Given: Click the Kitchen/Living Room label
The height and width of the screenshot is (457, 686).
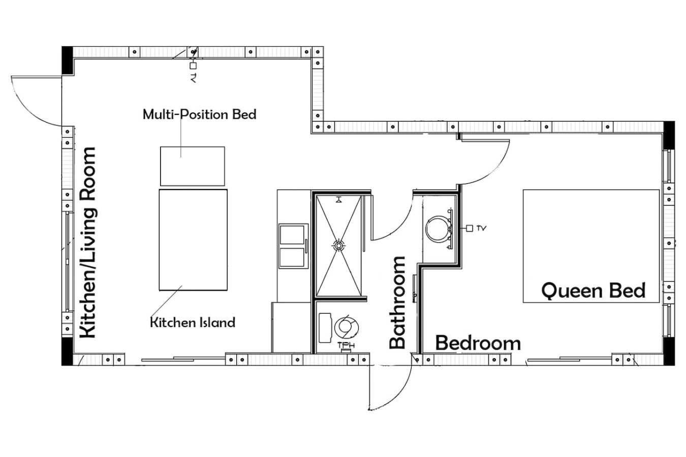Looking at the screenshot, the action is (88, 243).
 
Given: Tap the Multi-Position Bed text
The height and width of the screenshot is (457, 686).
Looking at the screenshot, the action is (199, 115).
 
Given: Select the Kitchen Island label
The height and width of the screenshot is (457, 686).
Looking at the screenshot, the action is (193, 322).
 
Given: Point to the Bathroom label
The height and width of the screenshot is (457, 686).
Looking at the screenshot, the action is (397, 303).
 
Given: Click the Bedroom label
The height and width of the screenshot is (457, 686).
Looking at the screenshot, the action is (478, 343).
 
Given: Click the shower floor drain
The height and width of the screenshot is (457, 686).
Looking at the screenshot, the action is (338, 245).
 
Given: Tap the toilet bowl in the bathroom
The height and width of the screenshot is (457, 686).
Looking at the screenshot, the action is (347, 327).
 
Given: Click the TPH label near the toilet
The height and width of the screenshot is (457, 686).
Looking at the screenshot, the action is (346, 345).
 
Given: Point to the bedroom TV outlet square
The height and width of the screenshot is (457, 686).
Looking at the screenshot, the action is (470, 228).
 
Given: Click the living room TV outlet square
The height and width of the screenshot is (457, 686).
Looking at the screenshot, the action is (193, 66).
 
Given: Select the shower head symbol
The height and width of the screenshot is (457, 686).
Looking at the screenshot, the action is (338, 200).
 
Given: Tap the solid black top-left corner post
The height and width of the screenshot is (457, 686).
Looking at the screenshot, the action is (68, 60).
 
